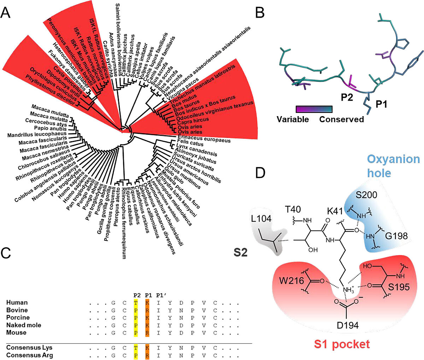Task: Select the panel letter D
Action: [x=260, y=173]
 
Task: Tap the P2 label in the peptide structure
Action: [x=347, y=97]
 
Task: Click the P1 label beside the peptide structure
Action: [x=381, y=104]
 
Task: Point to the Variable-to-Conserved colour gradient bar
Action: [x=314, y=109]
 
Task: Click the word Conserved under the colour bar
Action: [x=341, y=119]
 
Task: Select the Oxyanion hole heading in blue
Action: [x=393, y=166]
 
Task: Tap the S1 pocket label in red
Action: [x=341, y=344]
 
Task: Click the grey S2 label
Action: [x=240, y=253]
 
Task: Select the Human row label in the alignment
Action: [x=17, y=302]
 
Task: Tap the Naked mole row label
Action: [x=24, y=325]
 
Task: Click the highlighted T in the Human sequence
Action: [x=136, y=302]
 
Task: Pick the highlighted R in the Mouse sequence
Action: [x=147, y=332]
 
